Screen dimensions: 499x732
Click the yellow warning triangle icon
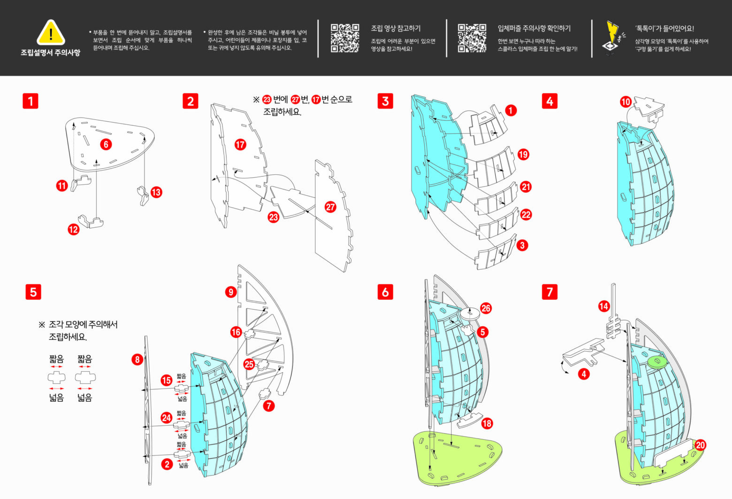(51, 33)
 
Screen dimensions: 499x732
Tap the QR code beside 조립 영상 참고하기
(345, 38)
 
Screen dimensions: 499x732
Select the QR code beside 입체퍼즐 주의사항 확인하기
(472, 38)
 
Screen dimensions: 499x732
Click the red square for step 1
(30, 101)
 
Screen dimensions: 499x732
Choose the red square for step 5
(33, 292)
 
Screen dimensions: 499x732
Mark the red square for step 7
(550, 292)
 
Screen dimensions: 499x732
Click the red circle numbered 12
(74, 229)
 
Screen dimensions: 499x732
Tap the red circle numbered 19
(523, 155)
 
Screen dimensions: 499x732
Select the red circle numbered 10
(625, 101)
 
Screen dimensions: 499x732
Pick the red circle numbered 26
(486, 308)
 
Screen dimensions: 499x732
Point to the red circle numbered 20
(701, 445)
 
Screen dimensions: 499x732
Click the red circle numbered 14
(603, 306)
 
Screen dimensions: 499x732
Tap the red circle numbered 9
(230, 292)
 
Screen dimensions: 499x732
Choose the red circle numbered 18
(487, 423)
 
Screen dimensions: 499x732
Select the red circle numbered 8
(137, 360)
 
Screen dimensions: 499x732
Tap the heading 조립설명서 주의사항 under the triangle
(50, 53)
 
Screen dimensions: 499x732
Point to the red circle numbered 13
(156, 192)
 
